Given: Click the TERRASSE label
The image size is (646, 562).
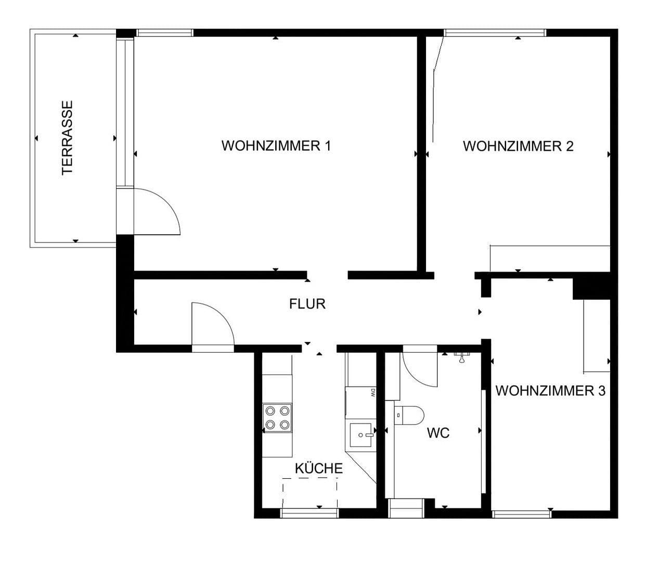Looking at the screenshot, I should coord(67,138).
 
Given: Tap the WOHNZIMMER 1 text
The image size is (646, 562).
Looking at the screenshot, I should coord(276,146).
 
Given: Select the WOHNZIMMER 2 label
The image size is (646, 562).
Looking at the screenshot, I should coord(518,146).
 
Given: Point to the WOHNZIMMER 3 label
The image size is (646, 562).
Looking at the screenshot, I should coord(550,391).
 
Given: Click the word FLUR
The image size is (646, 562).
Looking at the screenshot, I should coord(307,304).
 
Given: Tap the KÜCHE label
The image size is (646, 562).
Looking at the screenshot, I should coord(319,468).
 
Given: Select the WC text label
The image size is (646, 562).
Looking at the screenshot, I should coord(438,433).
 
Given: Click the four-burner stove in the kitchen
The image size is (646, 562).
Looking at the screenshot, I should coord(277,417).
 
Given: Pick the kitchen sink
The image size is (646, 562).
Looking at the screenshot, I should coord(361,435).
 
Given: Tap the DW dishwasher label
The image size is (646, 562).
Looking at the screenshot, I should coord(372,393).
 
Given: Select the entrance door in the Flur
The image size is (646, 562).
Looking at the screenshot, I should coord(212,325).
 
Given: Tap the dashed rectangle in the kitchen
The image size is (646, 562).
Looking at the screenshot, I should coord(310,492).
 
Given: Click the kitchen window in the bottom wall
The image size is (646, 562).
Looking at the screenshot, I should coord(309,514).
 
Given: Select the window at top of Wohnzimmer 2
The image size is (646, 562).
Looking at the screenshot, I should coord(495,33).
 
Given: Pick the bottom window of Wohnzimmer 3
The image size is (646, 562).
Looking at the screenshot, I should coord(521,514).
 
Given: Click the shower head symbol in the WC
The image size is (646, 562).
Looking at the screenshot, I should coord(461,356).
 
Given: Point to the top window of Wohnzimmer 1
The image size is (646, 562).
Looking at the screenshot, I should coord(164,33).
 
